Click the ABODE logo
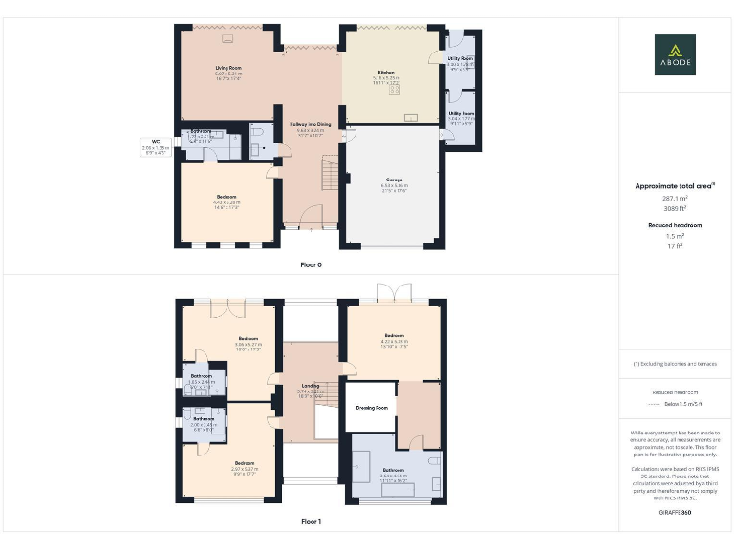675,54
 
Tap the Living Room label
227,67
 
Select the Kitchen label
386,73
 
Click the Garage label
394,180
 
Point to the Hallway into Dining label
311,124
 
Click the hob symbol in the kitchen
395,91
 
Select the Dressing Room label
371,408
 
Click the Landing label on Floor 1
311,386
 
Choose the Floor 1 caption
311,521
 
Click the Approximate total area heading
673,186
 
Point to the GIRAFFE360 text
675,514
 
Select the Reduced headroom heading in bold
675,225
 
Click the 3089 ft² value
675,207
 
